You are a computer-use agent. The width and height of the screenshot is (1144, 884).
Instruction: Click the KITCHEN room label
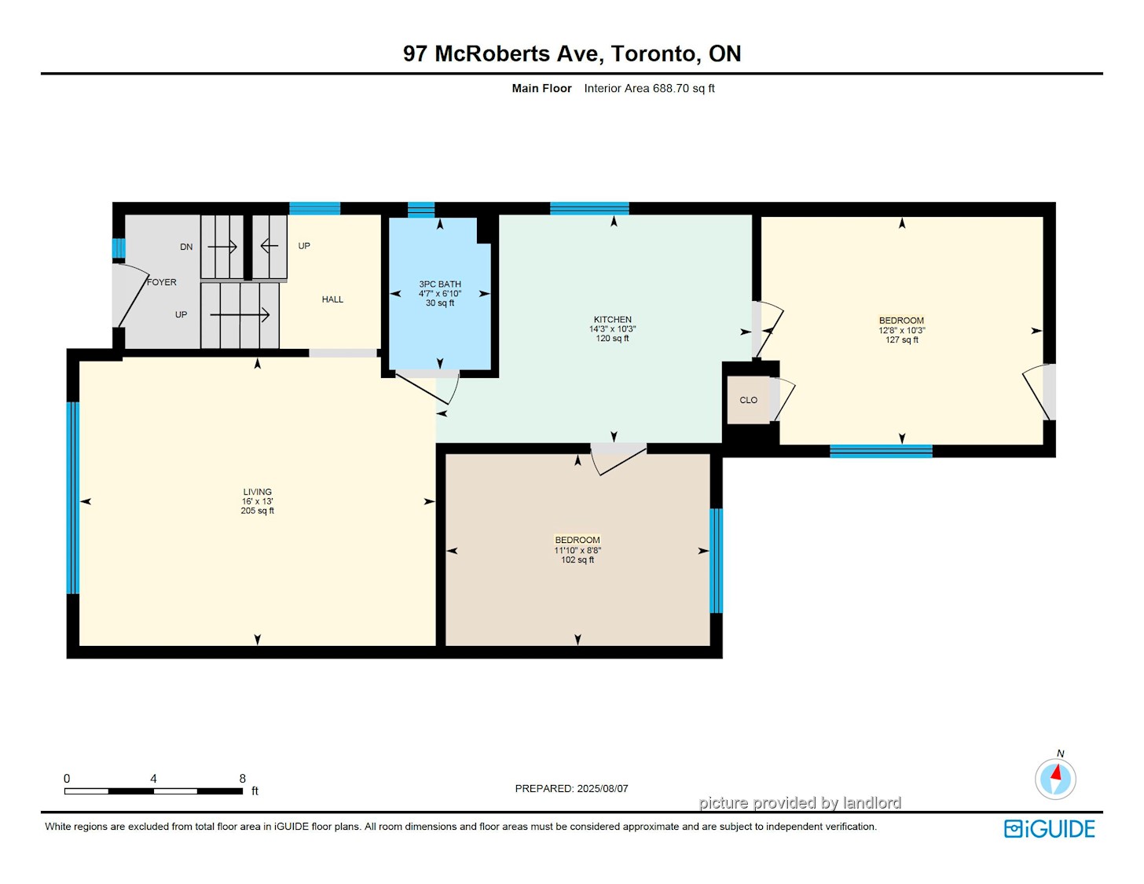click(612, 320)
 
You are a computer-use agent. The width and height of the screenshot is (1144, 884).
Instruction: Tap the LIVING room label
click(258, 492)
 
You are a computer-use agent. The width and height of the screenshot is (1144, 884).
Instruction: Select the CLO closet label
click(748, 400)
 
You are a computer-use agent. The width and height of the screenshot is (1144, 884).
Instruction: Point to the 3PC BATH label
click(439, 284)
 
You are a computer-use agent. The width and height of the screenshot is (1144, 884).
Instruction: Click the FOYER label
click(162, 282)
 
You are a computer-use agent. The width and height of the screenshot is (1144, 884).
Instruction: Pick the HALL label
click(332, 299)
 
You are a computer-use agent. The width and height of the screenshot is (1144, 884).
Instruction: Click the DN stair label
click(186, 247)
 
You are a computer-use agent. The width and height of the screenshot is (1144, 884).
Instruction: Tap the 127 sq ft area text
click(902, 340)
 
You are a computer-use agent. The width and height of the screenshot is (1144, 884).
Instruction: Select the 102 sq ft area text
click(577, 559)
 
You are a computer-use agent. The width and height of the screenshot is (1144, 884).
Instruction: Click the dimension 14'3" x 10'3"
click(612, 329)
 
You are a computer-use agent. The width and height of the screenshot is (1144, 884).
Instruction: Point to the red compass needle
click(1056, 772)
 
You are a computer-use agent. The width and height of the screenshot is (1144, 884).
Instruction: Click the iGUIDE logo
click(1049, 829)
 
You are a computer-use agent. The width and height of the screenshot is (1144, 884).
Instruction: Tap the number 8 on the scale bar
click(242, 778)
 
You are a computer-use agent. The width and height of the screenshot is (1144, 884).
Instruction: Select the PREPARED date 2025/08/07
click(603, 788)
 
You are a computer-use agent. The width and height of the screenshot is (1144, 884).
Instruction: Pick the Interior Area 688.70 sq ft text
click(649, 89)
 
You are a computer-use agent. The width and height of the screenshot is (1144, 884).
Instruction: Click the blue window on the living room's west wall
click(72, 498)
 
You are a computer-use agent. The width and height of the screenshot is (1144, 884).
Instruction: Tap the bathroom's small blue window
click(420, 210)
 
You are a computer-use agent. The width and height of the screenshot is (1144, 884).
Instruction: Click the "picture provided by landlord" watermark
click(800, 802)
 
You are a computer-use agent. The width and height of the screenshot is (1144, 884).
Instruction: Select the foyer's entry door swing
click(130, 295)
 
